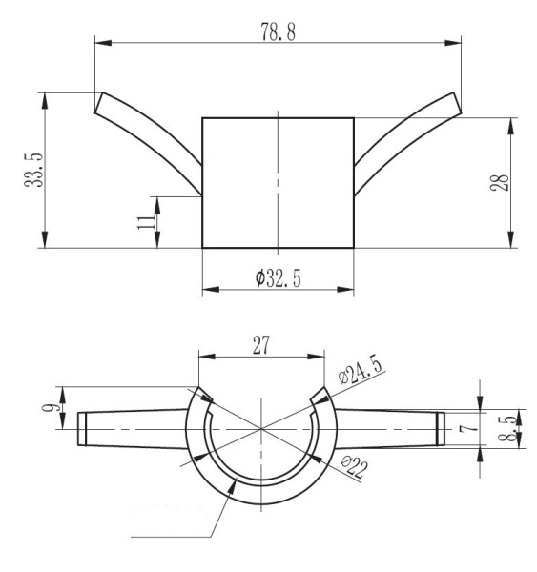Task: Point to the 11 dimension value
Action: [x=144, y=221]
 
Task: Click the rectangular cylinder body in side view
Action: [x=278, y=182]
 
